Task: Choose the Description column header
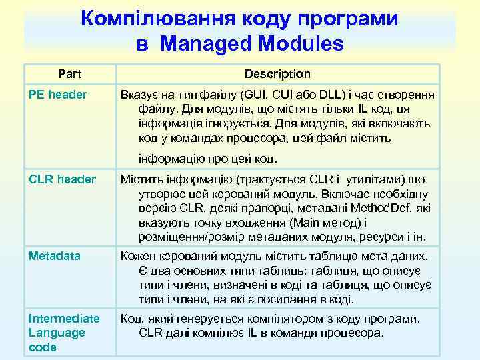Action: (277, 73)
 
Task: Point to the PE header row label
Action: (59, 95)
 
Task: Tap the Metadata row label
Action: (55, 256)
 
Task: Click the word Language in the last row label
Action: (57, 333)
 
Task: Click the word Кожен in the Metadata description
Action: (138, 256)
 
